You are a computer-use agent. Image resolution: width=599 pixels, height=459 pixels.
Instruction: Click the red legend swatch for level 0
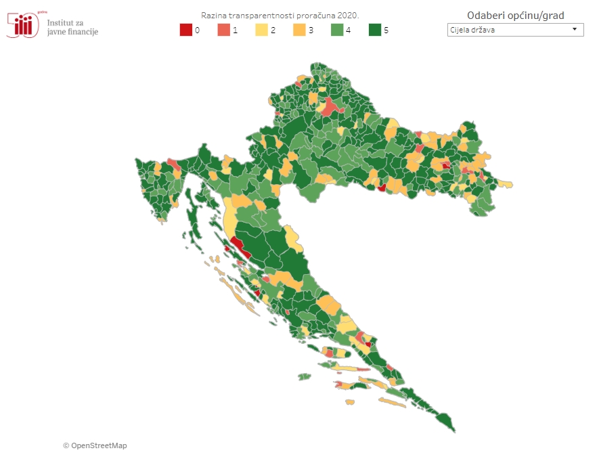(x=185, y=30)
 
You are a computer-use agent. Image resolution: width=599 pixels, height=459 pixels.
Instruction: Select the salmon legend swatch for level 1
(x=223, y=30)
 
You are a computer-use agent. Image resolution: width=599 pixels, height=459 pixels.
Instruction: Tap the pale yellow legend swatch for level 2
(x=261, y=30)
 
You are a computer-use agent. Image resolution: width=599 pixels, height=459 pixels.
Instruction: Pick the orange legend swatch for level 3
(x=299, y=30)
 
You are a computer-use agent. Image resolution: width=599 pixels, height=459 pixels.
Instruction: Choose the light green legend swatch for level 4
(x=337, y=30)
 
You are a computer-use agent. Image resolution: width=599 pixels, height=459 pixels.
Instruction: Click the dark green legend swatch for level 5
(x=375, y=30)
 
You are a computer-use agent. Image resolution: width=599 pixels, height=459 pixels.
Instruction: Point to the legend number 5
(x=386, y=30)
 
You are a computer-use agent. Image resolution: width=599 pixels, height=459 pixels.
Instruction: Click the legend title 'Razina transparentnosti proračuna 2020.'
(x=280, y=15)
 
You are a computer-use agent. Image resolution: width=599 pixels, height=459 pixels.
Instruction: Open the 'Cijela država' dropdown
(x=514, y=30)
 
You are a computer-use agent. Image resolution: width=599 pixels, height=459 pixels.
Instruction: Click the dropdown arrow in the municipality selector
(x=575, y=30)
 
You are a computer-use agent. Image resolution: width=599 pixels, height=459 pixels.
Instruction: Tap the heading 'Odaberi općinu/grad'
(x=515, y=16)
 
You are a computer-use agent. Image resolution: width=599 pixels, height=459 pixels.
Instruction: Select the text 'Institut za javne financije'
(x=72, y=27)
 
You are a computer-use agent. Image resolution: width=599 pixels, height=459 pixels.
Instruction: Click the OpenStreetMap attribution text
(x=95, y=445)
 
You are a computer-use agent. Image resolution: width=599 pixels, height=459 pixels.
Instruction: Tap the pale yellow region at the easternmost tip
(x=505, y=183)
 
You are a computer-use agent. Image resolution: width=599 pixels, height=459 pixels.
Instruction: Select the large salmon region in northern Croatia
(x=330, y=107)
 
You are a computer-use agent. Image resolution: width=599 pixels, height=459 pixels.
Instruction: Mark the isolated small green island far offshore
(x=304, y=376)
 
